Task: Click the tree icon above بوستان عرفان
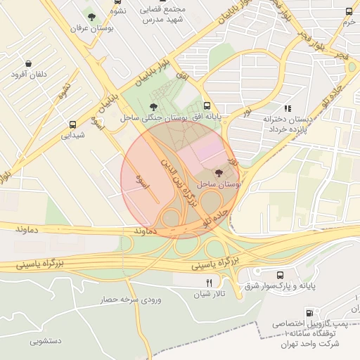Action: click(91, 15)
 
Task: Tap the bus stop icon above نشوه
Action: click(116, 2)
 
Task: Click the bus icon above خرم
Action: click(349, 12)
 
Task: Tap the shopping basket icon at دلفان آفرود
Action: click(27, 63)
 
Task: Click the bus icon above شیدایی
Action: click(73, 124)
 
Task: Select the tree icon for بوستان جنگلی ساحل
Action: click(153, 107)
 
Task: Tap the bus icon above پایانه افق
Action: click(206, 102)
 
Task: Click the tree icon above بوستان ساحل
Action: click(219, 172)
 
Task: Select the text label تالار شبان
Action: click(210, 293)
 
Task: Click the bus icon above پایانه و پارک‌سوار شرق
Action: click(281, 275)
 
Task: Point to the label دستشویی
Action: click(46, 340)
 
